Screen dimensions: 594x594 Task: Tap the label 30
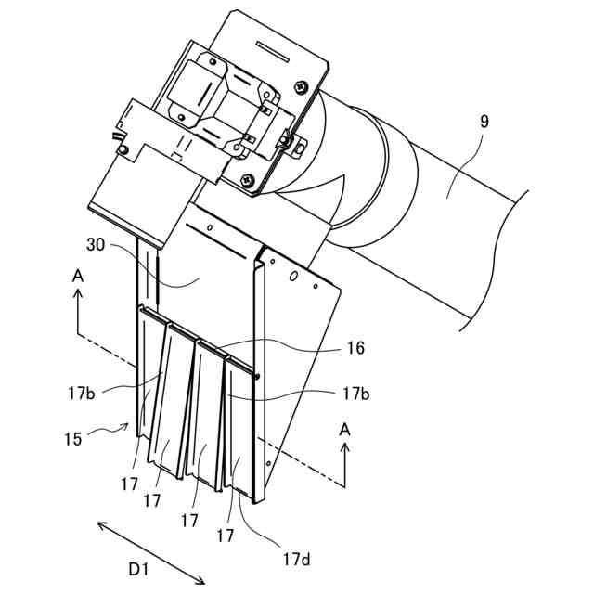[x=95, y=245]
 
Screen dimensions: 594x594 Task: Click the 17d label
[x=296, y=559]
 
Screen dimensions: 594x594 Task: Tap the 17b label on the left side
[x=81, y=393]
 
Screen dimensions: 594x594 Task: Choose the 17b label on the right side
[x=355, y=393]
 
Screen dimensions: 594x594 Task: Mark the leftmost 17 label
[x=129, y=484]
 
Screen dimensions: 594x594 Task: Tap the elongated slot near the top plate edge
[x=272, y=48]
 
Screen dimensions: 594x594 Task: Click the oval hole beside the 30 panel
[x=293, y=276]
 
